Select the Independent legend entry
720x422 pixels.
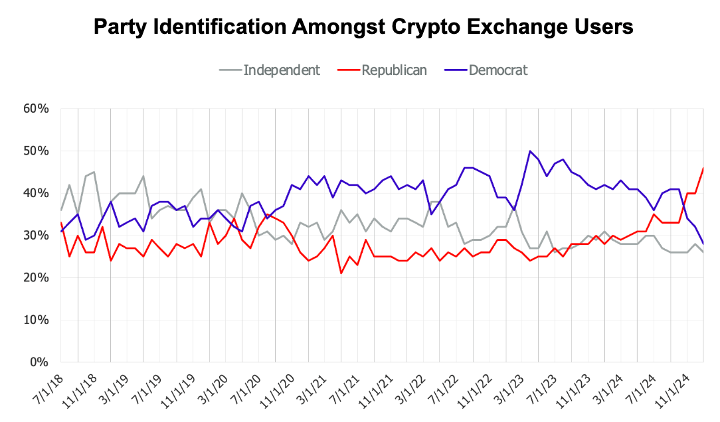[282, 70]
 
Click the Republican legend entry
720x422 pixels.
[395, 70]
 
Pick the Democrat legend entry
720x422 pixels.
[498, 70]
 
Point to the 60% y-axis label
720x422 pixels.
[36, 109]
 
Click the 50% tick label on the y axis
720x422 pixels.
[36, 151]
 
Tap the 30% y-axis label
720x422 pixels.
[36, 236]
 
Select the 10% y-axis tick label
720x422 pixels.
[36, 320]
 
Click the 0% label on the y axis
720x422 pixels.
[39, 363]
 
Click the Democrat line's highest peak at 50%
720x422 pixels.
[530, 151]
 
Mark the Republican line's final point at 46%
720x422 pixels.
[703, 169]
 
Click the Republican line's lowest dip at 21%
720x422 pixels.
[341, 273]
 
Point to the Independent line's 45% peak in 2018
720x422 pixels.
[94, 173]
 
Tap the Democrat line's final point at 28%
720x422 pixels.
[703, 244]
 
